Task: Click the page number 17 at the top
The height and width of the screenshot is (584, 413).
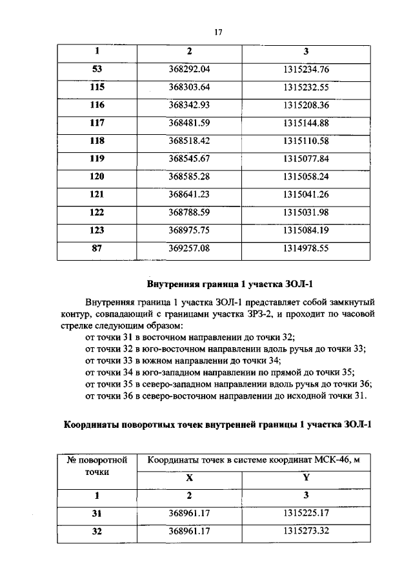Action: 218,32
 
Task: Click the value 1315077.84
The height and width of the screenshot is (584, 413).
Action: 306,157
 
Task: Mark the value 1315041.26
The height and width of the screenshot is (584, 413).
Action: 306,192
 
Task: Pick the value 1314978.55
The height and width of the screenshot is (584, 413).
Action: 306,247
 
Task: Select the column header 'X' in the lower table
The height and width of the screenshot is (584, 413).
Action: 189,478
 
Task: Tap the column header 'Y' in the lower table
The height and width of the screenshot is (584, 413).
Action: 306,478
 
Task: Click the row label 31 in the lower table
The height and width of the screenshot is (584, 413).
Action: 97,514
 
